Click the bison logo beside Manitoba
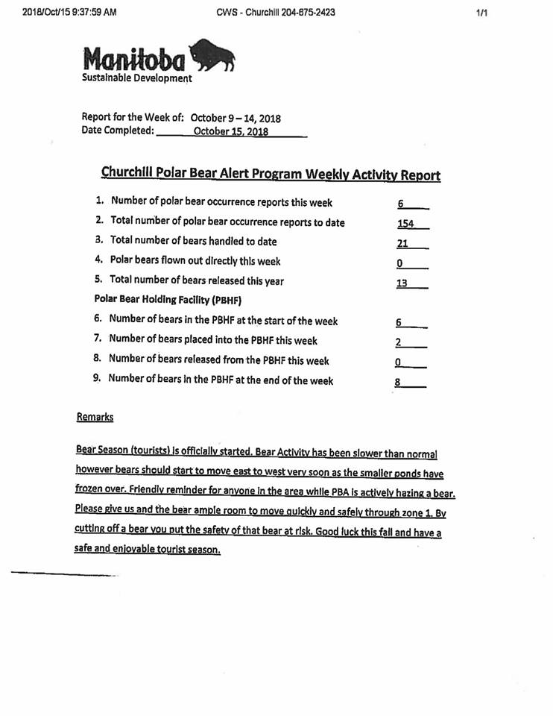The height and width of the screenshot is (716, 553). (x=214, y=56)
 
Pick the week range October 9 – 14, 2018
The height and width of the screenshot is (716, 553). (x=236, y=118)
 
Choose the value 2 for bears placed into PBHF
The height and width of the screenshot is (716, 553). (x=399, y=342)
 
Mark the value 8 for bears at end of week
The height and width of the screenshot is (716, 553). (x=398, y=383)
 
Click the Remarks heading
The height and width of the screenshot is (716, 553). (x=95, y=417)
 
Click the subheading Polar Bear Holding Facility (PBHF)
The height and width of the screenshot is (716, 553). (x=153, y=300)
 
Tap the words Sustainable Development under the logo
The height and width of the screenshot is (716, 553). (x=136, y=78)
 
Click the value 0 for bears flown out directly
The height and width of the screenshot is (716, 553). (x=399, y=263)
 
